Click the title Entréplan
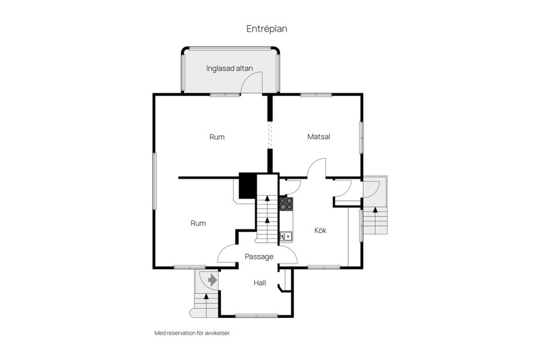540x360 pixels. tap(267, 29)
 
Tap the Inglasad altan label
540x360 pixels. tap(229, 69)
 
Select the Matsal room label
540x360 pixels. tap(318, 137)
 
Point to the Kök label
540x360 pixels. tap(321, 230)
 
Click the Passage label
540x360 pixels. tap(259, 256)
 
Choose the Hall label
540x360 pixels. tap(259, 283)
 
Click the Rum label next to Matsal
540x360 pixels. tap(217, 137)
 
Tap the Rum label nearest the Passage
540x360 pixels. tap(198, 223)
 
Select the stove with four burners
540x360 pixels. tap(286, 203)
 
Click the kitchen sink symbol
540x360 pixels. tap(286, 236)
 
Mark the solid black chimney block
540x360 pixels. tap(247, 186)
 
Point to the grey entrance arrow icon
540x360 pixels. tap(212, 280)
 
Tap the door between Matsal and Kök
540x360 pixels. tap(317, 168)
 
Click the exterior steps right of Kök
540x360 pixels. tap(375, 220)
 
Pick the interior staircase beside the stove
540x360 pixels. tap(267, 214)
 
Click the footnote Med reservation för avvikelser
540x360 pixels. tap(192, 333)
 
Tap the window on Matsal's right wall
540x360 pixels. tap(362, 135)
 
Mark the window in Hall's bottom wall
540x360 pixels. tap(256, 316)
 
